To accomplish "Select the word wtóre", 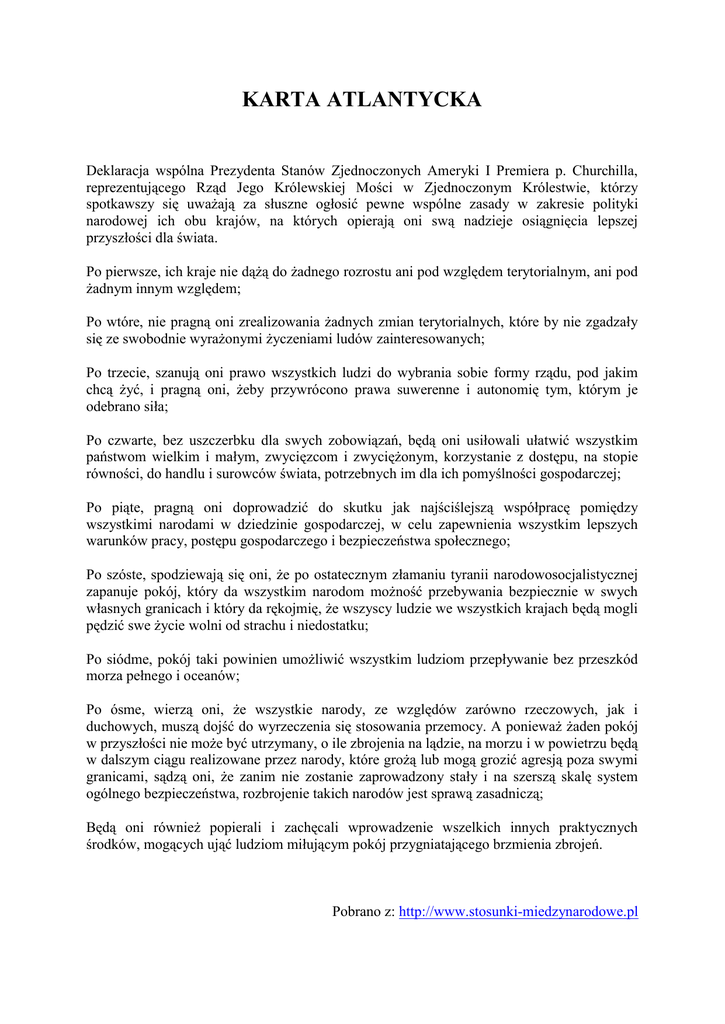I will pos(131,322).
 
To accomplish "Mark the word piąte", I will pos(131,508).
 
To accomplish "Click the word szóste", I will pos(133,575).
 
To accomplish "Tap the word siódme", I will pos(135,659).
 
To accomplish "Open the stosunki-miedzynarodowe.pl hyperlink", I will pos(518,912).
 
